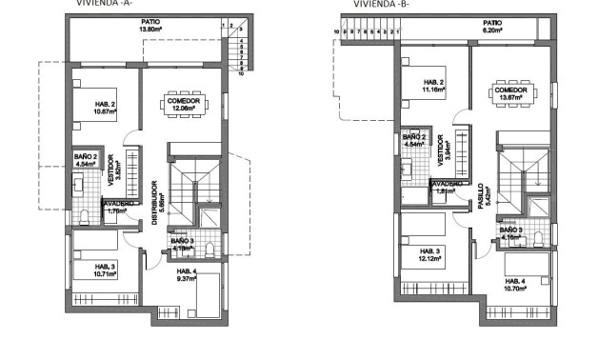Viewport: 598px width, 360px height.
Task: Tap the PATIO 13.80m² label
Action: (x=149, y=26)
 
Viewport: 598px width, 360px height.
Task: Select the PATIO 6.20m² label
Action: (x=491, y=27)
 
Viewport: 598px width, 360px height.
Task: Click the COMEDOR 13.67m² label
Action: (x=512, y=92)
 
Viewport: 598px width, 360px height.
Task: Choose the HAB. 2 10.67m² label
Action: (x=105, y=108)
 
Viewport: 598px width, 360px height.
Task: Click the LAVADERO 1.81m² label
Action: (x=447, y=188)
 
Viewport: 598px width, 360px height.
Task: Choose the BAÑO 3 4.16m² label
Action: (x=510, y=232)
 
